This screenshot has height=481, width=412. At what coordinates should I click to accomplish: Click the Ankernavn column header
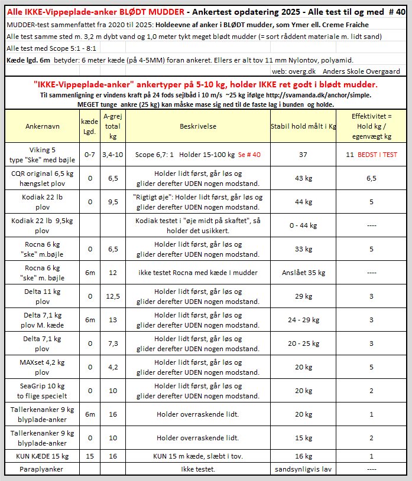click(x=42, y=126)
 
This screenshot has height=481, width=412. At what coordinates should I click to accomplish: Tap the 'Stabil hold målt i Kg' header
click(x=303, y=126)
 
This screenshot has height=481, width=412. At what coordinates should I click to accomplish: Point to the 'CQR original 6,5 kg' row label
click(x=42, y=173)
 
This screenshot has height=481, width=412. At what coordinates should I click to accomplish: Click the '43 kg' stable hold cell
click(x=303, y=178)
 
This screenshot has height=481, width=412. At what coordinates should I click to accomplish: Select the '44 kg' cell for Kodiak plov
click(x=303, y=202)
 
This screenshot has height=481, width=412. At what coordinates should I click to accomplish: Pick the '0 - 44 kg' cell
click(x=303, y=225)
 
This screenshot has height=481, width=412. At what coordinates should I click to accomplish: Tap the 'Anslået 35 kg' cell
click(x=303, y=273)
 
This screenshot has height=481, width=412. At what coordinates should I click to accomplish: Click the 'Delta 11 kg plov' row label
click(x=42, y=296)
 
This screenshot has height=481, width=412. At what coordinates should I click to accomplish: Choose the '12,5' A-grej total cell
click(x=113, y=296)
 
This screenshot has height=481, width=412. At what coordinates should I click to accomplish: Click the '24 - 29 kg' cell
click(x=303, y=319)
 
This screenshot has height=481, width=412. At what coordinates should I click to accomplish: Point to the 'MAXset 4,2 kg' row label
click(x=42, y=367)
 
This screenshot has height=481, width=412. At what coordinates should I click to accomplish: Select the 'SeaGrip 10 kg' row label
click(x=42, y=390)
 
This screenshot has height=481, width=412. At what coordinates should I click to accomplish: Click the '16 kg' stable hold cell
click(x=303, y=456)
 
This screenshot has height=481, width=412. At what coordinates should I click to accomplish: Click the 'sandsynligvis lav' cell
click(x=303, y=469)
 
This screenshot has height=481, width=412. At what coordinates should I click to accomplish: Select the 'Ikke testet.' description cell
click(x=198, y=469)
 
